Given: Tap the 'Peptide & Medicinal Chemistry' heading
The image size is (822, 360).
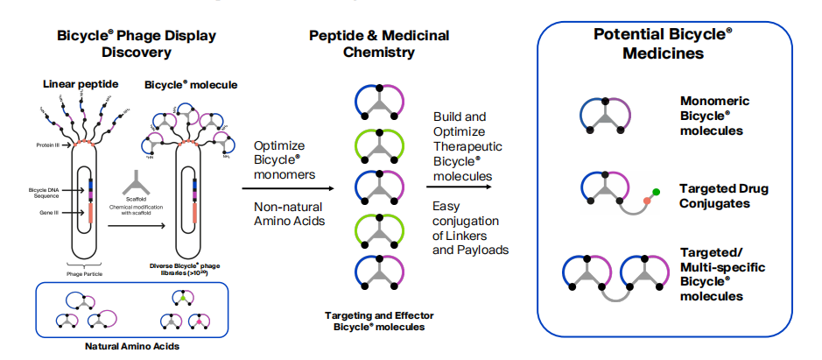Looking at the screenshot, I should (x=379, y=44).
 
